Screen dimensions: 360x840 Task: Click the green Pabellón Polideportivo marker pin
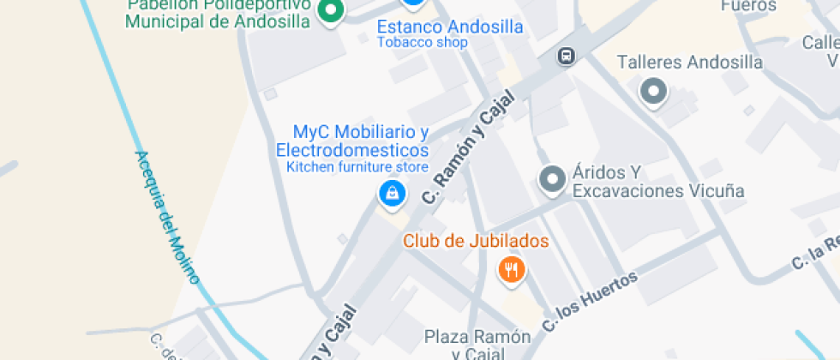(x=330, y=11)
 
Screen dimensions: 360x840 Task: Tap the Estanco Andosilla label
(x=450, y=27)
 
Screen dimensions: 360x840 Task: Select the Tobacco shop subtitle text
(x=423, y=42)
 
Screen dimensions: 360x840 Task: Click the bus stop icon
(x=566, y=57)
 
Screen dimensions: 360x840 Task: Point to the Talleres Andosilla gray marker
(x=654, y=91)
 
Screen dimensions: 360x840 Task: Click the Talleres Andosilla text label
(x=689, y=63)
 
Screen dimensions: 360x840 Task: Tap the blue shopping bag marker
(x=392, y=193)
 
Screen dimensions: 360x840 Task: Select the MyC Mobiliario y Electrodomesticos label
(x=351, y=141)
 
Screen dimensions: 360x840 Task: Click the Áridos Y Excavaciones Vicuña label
(x=657, y=181)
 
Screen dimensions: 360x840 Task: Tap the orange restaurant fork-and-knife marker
(x=512, y=271)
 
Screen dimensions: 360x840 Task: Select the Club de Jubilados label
(x=476, y=242)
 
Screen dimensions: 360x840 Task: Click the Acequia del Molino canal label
(x=166, y=218)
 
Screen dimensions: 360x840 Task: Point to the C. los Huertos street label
(x=591, y=302)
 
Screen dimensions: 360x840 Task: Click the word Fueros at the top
(x=748, y=6)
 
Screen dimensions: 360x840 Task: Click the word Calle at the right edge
(x=820, y=42)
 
